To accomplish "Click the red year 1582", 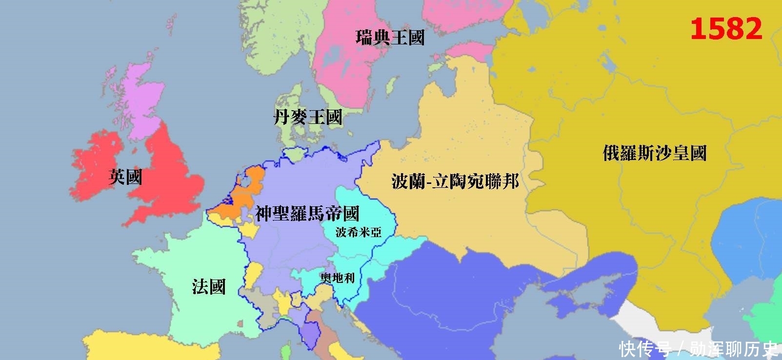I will point(726,29).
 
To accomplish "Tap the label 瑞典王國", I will point(390,38).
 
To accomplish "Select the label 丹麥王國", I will point(308,117).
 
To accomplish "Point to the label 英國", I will point(125,177).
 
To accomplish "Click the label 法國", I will point(209,287).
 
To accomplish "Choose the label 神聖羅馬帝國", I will point(307,214).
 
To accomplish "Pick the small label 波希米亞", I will point(359,232).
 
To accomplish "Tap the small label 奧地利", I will point(338,278).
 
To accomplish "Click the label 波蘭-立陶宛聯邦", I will point(455,181).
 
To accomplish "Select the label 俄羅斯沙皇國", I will point(655,153).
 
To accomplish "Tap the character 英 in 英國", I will point(117,177).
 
